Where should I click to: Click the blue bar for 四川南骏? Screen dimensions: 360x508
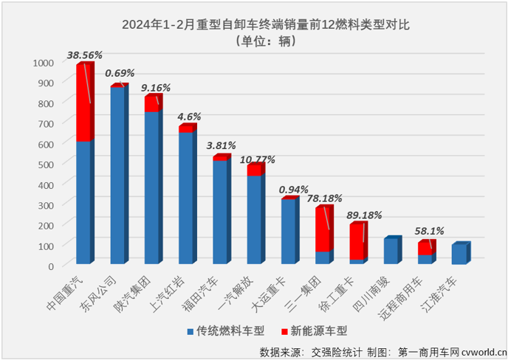(390, 252)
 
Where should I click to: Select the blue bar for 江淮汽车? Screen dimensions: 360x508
(459, 254)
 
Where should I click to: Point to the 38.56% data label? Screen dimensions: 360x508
(84, 55)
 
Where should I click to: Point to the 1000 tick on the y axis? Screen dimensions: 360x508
(44, 63)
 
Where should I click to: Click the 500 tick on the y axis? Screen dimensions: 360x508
(47, 164)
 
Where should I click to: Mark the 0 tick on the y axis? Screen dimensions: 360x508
(52, 265)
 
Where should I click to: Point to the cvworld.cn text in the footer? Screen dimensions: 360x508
(481, 353)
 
